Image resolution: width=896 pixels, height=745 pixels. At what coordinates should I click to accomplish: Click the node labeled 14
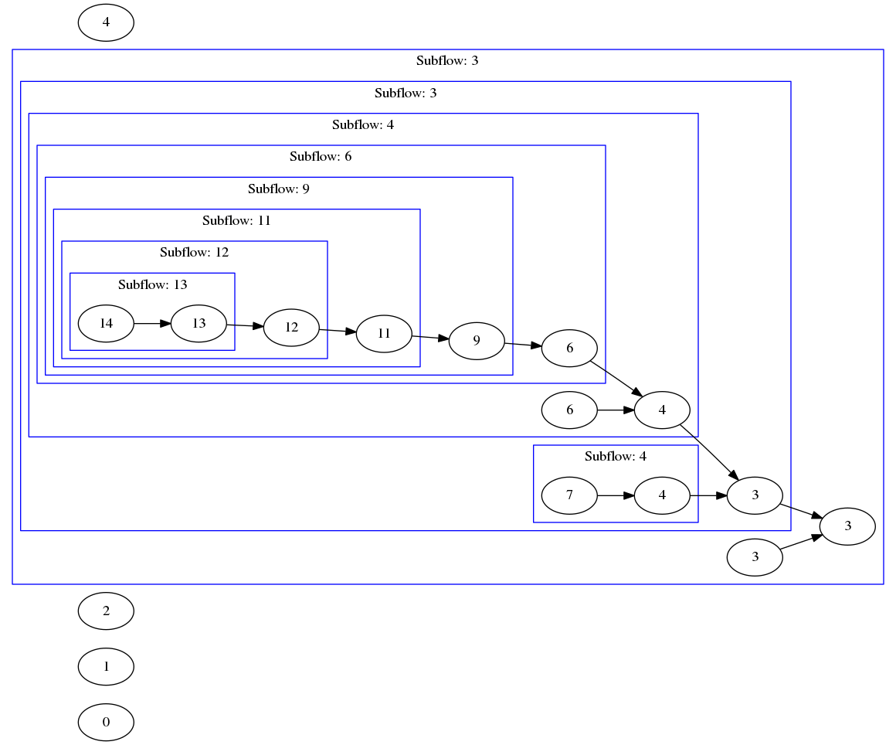[106, 323]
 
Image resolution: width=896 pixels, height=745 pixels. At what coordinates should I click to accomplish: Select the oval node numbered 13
[199, 323]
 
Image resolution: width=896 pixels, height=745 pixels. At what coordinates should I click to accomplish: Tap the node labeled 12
[291, 327]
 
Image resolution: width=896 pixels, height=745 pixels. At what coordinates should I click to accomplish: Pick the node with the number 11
[384, 334]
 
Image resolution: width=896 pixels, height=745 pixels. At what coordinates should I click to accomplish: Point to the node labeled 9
[477, 340]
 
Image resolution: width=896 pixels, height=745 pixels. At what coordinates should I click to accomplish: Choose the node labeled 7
[569, 495]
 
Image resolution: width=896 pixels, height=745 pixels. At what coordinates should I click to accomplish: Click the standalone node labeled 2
[106, 611]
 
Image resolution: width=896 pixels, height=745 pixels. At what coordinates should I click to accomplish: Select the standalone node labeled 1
[106, 666]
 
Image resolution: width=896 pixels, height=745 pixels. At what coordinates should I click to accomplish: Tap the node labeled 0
[106, 722]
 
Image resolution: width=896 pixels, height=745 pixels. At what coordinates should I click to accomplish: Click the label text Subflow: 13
[153, 284]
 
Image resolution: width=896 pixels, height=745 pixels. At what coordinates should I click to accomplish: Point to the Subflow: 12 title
[195, 252]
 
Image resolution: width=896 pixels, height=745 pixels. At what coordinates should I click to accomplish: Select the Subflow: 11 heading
[237, 220]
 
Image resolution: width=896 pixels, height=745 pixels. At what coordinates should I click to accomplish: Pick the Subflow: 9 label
[279, 189]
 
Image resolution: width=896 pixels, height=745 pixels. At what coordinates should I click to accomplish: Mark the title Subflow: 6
[321, 156]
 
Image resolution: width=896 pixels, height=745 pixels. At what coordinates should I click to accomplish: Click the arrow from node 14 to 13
[152, 323]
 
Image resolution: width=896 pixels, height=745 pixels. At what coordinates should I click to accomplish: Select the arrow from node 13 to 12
[245, 325]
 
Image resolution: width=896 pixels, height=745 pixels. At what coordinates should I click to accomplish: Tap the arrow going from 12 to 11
[338, 331]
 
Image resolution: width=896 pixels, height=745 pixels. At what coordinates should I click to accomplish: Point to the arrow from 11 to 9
[430, 337]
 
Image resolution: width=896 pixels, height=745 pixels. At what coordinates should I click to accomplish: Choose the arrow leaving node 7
[616, 495]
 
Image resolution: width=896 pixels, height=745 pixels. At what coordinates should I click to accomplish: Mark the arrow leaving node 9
[523, 344]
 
